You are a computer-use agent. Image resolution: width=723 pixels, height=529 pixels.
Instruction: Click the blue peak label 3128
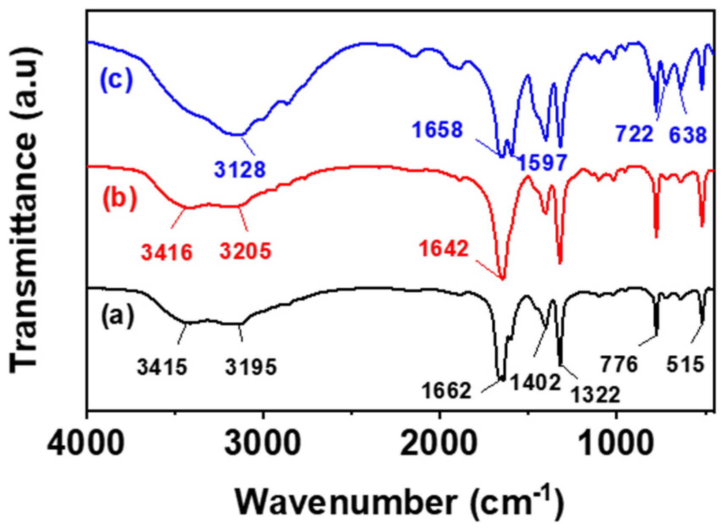pyautogui.click(x=240, y=170)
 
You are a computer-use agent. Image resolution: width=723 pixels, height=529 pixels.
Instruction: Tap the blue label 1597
pyautogui.click(x=541, y=162)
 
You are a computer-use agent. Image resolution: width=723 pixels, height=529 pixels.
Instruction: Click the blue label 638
pyautogui.click(x=687, y=136)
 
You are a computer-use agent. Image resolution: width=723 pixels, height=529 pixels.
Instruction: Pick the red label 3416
pyautogui.click(x=167, y=252)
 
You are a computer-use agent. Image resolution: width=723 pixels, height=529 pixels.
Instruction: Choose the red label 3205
pyautogui.click(x=245, y=252)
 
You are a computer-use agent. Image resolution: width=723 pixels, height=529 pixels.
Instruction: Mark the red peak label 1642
pyautogui.click(x=444, y=249)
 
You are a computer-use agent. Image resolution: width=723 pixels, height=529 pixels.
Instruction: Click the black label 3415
pyautogui.click(x=162, y=367)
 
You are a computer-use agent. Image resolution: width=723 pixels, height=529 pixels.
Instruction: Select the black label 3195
pyautogui.click(x=251, y=367)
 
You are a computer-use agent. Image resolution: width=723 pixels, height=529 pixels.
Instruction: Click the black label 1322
pyautogui.click(x=595, y=395)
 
